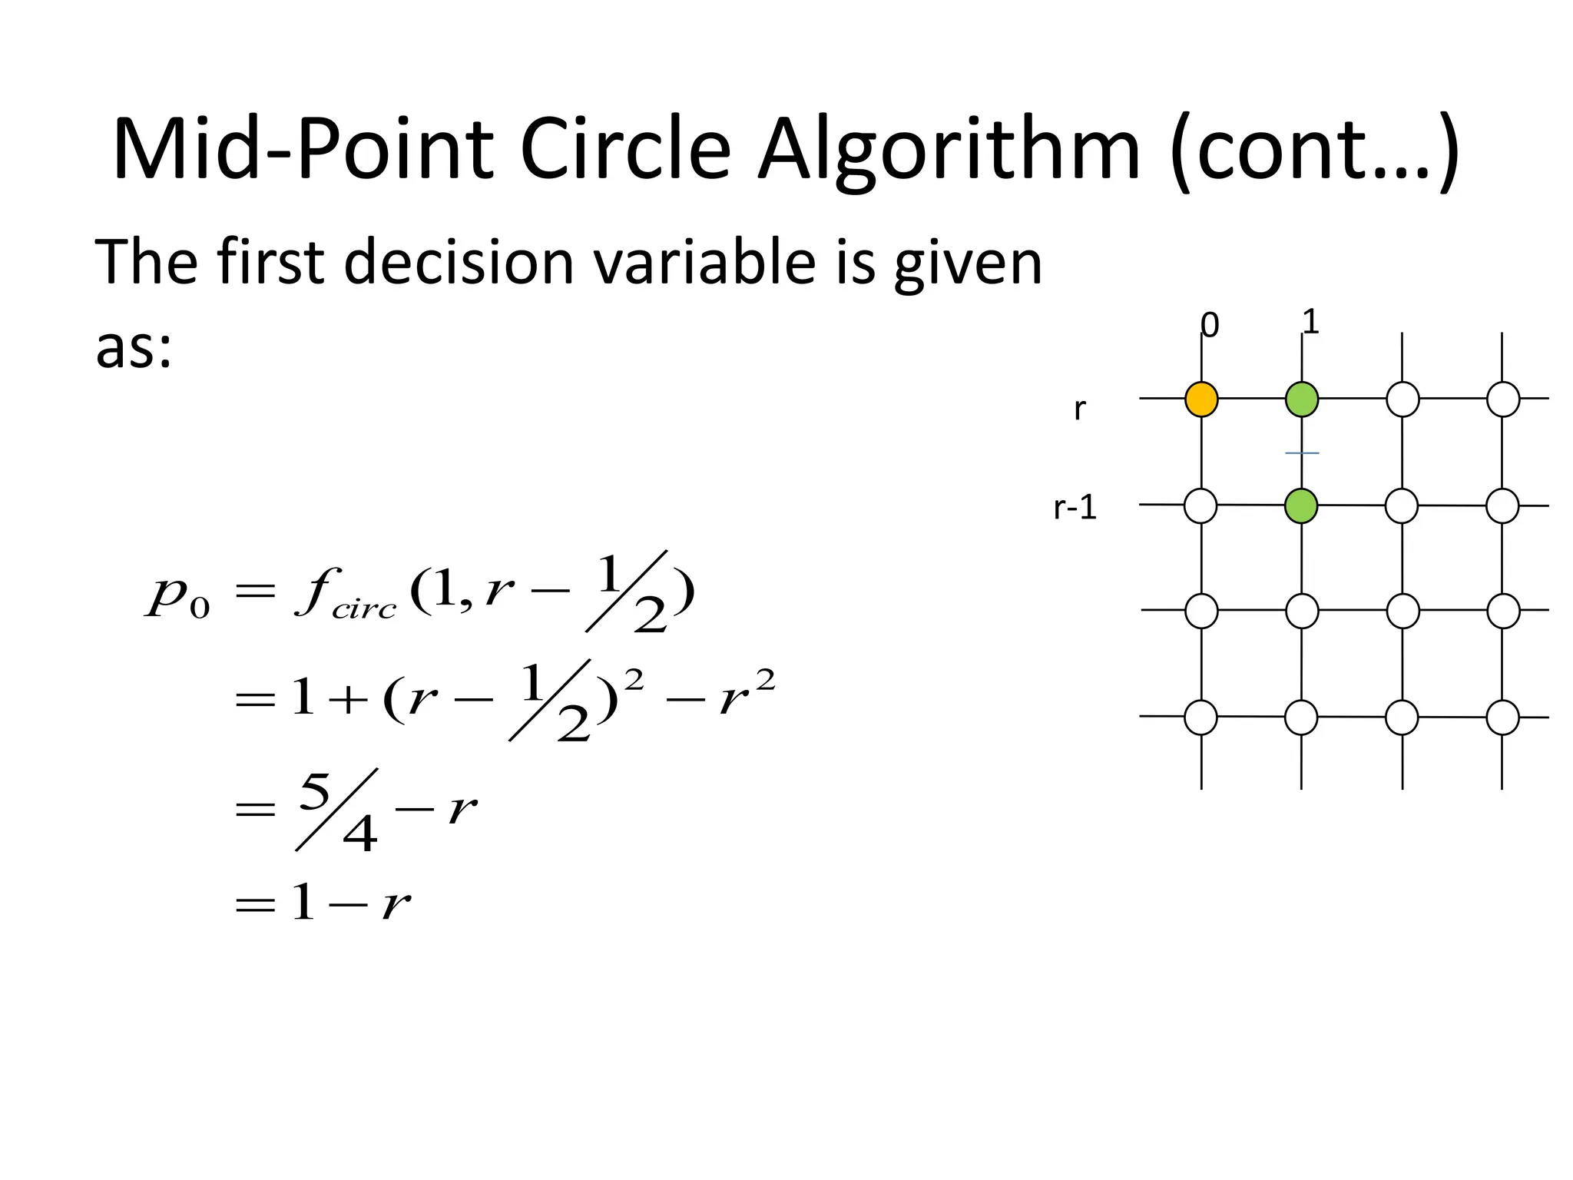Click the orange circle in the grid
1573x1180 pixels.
(x=1201, y=399)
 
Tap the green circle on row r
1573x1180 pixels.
(x=1302, y=399)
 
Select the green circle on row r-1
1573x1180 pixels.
(x=1301, y=506)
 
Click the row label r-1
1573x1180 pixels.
(x=1075, y=508)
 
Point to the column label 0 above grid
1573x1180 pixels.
(x=1210, y=326)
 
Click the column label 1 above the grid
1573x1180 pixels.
(x=1311, y=322)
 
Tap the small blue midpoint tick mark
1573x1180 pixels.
(x=1302, y=453)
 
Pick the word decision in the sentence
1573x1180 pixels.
(x=459, y=262)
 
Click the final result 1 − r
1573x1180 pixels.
(x=349, y=903)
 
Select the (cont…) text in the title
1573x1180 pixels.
(x=1313, y=150)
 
